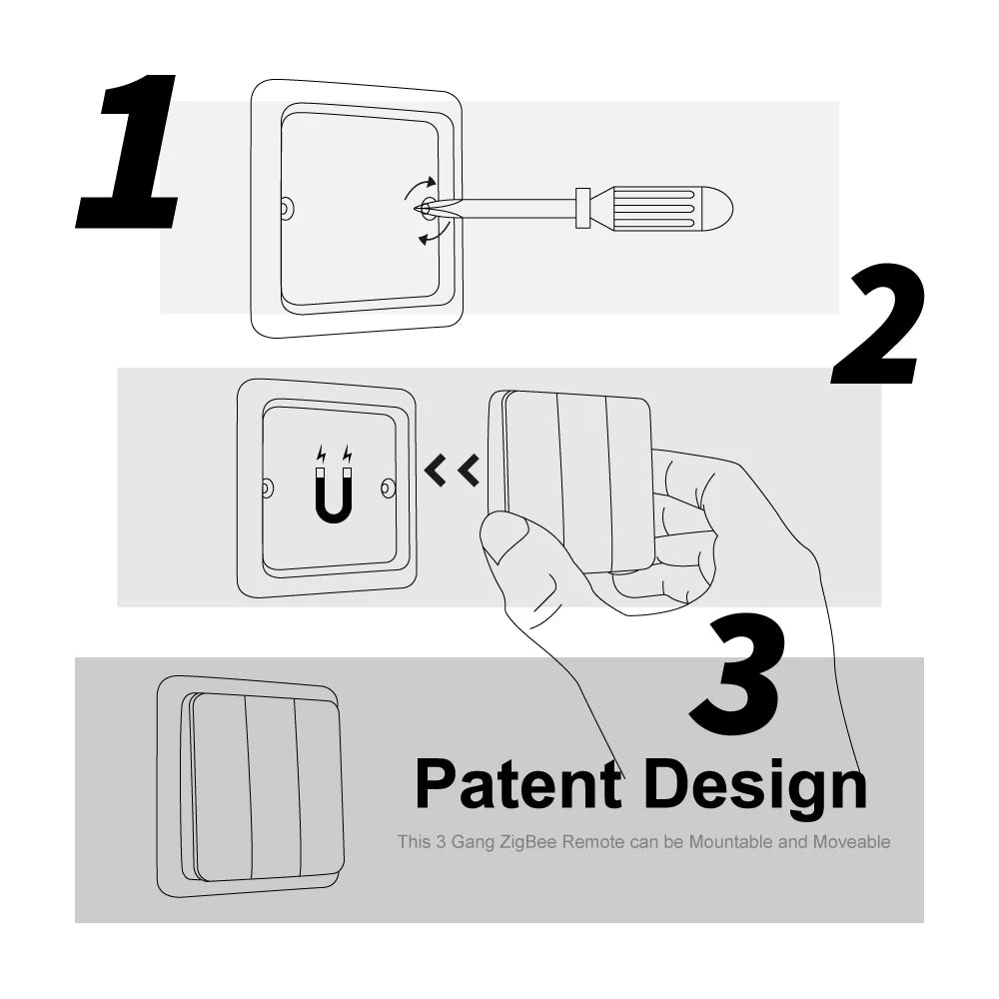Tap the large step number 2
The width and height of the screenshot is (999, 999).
tap(877, 326)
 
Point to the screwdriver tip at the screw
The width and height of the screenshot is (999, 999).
tap(424, 208)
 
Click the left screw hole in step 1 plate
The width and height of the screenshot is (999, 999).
tap(287, 209)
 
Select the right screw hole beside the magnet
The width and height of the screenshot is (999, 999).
tap(388, 489)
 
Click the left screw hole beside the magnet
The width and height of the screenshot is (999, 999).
tap(268, 489)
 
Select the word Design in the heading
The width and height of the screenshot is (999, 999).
tap(755, 786)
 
